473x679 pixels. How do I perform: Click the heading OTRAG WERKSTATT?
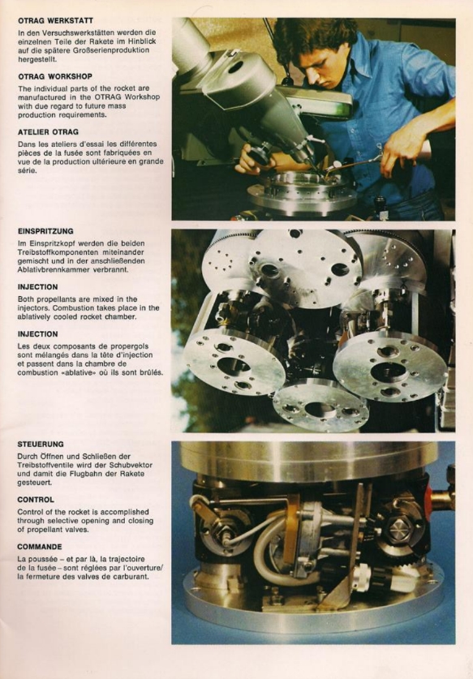tap(55, 20)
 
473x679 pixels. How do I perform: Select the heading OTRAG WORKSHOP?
tap(55, 76)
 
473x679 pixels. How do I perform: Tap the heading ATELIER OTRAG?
tap(48, 132)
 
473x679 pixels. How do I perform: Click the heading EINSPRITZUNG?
tap(45, 231)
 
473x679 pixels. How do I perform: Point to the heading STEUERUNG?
tap(41, 445)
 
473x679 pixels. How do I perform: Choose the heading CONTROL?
tap(36, 500)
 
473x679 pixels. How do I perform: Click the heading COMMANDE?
tap(40, 547)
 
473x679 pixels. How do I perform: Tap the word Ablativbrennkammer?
tap(48, 270)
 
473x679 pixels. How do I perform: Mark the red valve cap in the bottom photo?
tap(428, 500)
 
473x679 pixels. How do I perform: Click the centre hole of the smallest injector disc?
tap(320, 409)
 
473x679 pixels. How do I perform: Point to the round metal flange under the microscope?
tap(302, 193)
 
